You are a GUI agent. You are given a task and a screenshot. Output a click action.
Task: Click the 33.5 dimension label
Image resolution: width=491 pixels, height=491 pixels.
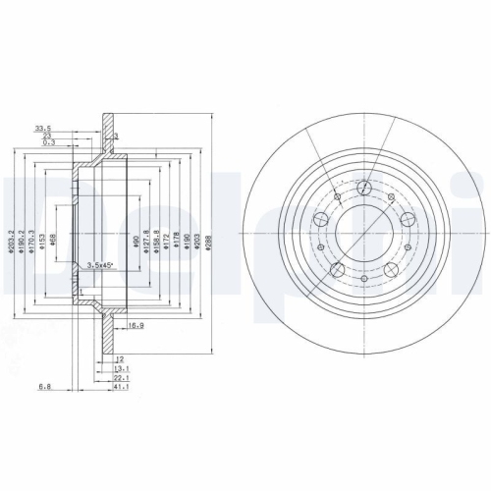pyautogui.click(x=42, y=127)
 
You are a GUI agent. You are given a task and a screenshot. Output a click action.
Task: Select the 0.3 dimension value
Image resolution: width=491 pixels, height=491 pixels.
pyautogui.click(x=49, y=143)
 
